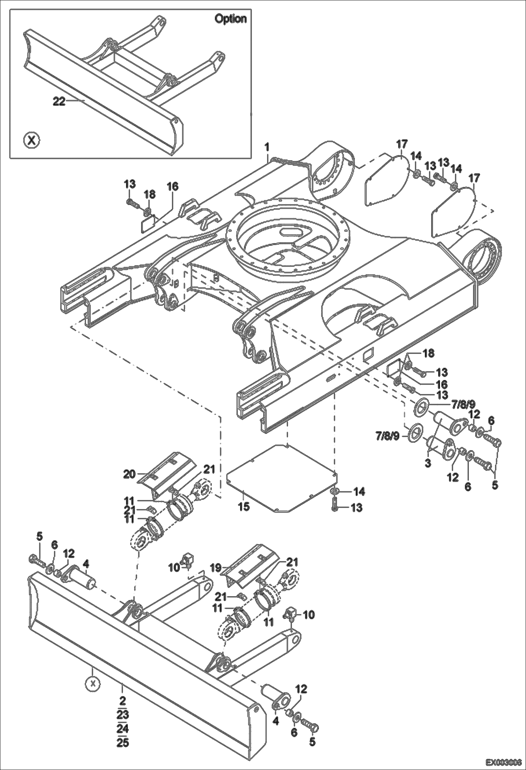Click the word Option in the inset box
coord(230,19)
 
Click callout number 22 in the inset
coord(59,101)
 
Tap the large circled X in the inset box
coord(32,141)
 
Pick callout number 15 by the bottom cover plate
coord(244,507)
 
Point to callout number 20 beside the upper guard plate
coord(129,474)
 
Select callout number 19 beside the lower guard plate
coord(216,567)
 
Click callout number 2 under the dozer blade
coord(122,701)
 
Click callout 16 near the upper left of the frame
coord(172,186)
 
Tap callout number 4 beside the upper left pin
coord(86,564)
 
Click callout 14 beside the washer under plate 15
coord(359,492)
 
